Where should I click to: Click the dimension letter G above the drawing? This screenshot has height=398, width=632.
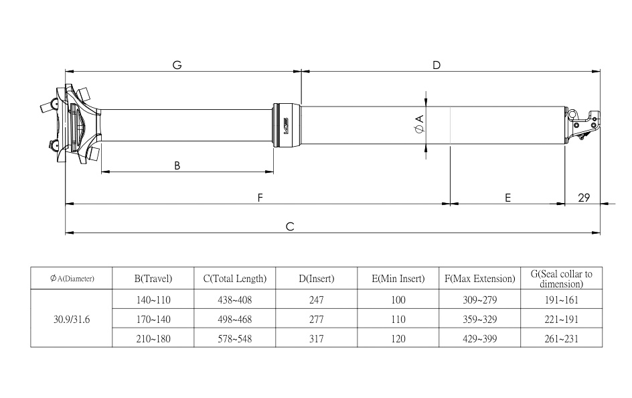point(177,65)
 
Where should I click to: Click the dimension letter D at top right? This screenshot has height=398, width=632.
point(437,65)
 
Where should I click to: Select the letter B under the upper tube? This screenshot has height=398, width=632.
point(177,166)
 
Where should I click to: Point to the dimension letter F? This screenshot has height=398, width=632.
point(260,198)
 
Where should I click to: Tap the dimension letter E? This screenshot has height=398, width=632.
point(508,198)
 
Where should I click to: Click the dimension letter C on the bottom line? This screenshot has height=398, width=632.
point(290,227)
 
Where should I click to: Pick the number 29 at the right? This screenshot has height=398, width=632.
point(583,198)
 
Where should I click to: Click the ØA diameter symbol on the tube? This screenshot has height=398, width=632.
point(419,123)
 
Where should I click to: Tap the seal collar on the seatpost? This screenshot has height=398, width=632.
point(287,123)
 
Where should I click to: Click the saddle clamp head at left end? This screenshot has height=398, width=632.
point(70,124)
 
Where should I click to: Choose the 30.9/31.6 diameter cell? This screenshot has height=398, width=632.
point(72,319)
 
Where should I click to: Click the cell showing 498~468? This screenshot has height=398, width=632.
point(234,319)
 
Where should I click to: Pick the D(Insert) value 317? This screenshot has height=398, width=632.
point(317,339)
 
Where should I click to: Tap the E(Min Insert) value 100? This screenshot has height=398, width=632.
point(398,299)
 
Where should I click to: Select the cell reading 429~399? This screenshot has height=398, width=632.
point(479,339)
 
